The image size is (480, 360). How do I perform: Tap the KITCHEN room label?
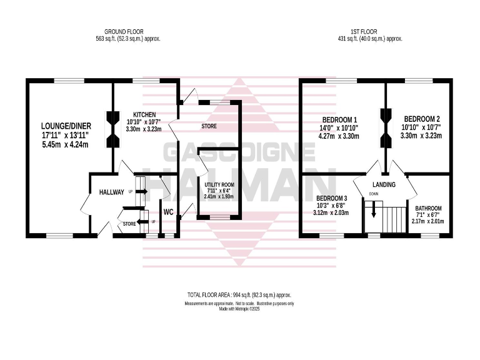145,114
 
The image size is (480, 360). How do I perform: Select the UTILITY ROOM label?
218,184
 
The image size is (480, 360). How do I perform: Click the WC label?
168,212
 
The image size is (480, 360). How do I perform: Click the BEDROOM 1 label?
340,120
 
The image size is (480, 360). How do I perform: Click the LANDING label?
384,185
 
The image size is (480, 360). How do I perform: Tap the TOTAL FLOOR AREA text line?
239,294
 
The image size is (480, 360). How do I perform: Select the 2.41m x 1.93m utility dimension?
218,196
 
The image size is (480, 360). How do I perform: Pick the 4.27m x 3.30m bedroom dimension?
340,136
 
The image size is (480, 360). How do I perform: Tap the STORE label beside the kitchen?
209,127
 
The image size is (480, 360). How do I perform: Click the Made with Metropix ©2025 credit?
239,309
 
